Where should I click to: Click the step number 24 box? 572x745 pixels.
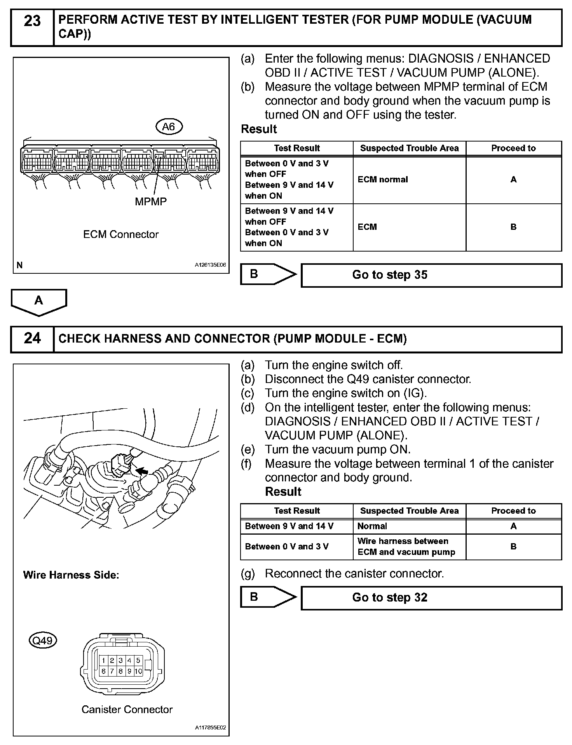coord(32,339)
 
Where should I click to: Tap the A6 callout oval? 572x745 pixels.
coord(169,126)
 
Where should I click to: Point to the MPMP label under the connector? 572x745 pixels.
coord(151,201)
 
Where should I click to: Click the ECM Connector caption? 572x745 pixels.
coord(121,234)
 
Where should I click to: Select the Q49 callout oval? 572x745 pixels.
coord(43,640)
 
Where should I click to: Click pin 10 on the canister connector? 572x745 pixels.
coord(138,671)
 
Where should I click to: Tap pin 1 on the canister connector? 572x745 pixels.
coord(103,660)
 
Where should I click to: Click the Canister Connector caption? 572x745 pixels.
coord(127,710)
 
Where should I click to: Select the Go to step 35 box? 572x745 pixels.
coord(431,275)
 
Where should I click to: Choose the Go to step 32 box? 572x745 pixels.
coord(431,598)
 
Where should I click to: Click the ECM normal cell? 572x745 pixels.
coord(383,180)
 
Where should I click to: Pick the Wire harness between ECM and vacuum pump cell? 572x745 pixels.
coord(406,546)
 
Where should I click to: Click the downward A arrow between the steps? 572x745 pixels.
coord(39,301)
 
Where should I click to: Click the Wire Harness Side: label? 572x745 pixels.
coord(71,575)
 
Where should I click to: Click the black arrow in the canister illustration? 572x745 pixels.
coord(143,471)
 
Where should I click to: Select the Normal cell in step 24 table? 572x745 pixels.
coord(372,526)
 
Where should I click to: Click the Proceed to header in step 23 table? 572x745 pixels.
coord(513,148)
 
